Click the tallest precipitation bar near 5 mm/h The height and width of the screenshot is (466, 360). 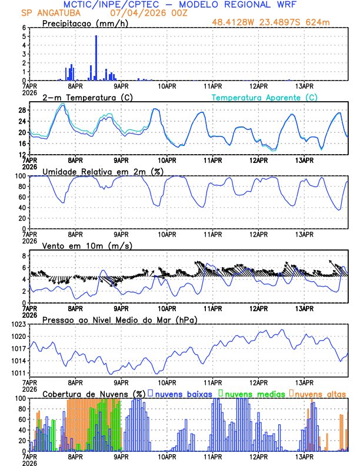click(96, 58)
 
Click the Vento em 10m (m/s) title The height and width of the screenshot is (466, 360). click(79, 245)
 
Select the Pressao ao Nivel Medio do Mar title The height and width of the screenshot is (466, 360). click(119, 319)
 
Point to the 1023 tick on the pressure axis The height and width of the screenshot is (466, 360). click(16, 324)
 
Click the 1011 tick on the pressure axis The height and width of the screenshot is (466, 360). click(16, 373)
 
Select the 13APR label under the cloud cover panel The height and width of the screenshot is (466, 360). click(303, 455)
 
